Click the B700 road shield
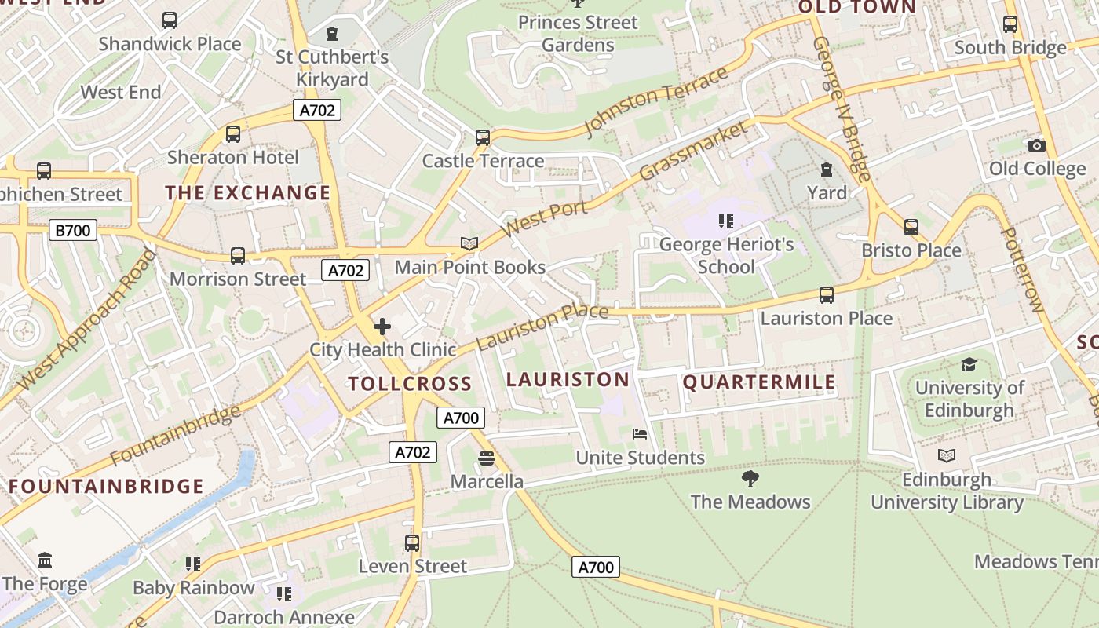click(73, 230)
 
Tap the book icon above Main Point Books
click(469, 244)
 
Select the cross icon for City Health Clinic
click(382, 327)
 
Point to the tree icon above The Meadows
click(750, 478)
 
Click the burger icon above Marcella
click(487, 458)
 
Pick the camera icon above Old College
click(1036, 145)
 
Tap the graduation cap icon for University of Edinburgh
click(969, 364)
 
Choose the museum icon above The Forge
click(45, 560)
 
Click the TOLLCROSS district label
click(410, 384)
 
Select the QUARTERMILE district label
click(759, 382)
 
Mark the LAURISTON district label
click(568, 380)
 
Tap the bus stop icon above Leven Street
click(412, 542)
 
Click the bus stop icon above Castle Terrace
click(483, 137)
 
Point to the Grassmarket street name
click(693, 151)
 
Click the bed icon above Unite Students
click(640, 434)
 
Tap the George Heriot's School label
click(726, 255)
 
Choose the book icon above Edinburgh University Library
click(947, 455)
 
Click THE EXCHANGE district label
click(247, 192)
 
